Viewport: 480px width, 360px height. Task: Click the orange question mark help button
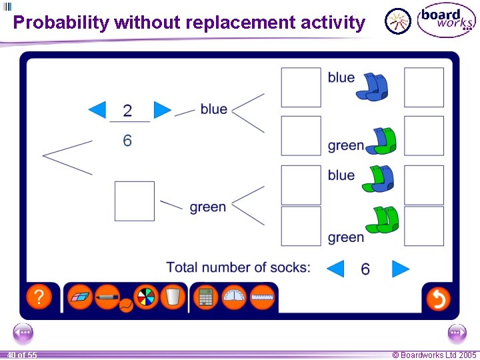tap(39, 297)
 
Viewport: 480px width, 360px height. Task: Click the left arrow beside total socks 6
tap(335, 269)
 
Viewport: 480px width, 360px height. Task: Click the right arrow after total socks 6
tap(400, 269)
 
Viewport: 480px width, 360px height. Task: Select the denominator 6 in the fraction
tap(127, 140)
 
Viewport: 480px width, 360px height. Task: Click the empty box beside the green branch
tap(134, 201)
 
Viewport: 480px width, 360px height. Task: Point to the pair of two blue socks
tap(371, 87)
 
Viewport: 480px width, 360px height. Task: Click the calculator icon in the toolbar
tap(206, 297)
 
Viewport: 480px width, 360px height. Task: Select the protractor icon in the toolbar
tap(234, 297)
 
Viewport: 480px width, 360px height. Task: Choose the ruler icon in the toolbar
tap(263, 297)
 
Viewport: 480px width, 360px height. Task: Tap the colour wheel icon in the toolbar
tap(145, 297)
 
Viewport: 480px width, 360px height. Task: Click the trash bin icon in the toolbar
tap(172, 297)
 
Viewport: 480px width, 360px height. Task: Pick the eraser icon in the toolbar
tap(81, 297)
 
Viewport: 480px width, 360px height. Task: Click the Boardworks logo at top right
tap(446, 20)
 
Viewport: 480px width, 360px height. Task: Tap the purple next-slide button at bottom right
tap(457, 333)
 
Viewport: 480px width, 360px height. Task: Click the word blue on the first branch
tap(213, 109)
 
